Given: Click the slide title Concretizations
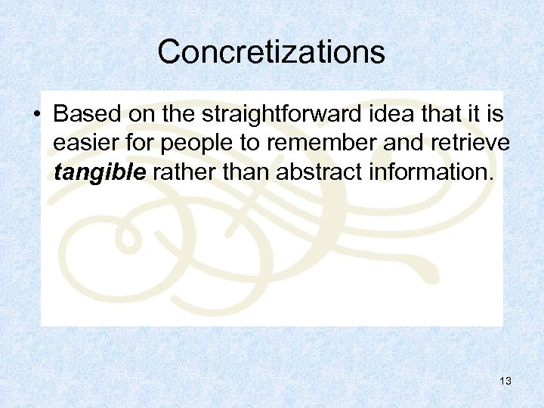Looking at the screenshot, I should pos(271,52).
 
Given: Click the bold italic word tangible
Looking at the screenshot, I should pos(100,173).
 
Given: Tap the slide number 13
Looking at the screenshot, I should pos(505,382).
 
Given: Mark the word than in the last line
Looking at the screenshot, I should pos(246,173).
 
